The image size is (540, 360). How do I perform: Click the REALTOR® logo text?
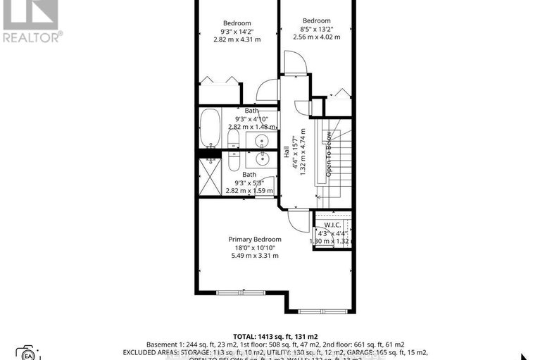tap(32, 36)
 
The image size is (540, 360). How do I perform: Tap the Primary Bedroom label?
tap(254, 239)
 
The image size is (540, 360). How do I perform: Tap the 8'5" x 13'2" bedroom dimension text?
tap(317, 29)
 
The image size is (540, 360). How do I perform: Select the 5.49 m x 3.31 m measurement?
tap(254, 256)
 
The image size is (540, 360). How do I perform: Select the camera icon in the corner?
tap(27, 352)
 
